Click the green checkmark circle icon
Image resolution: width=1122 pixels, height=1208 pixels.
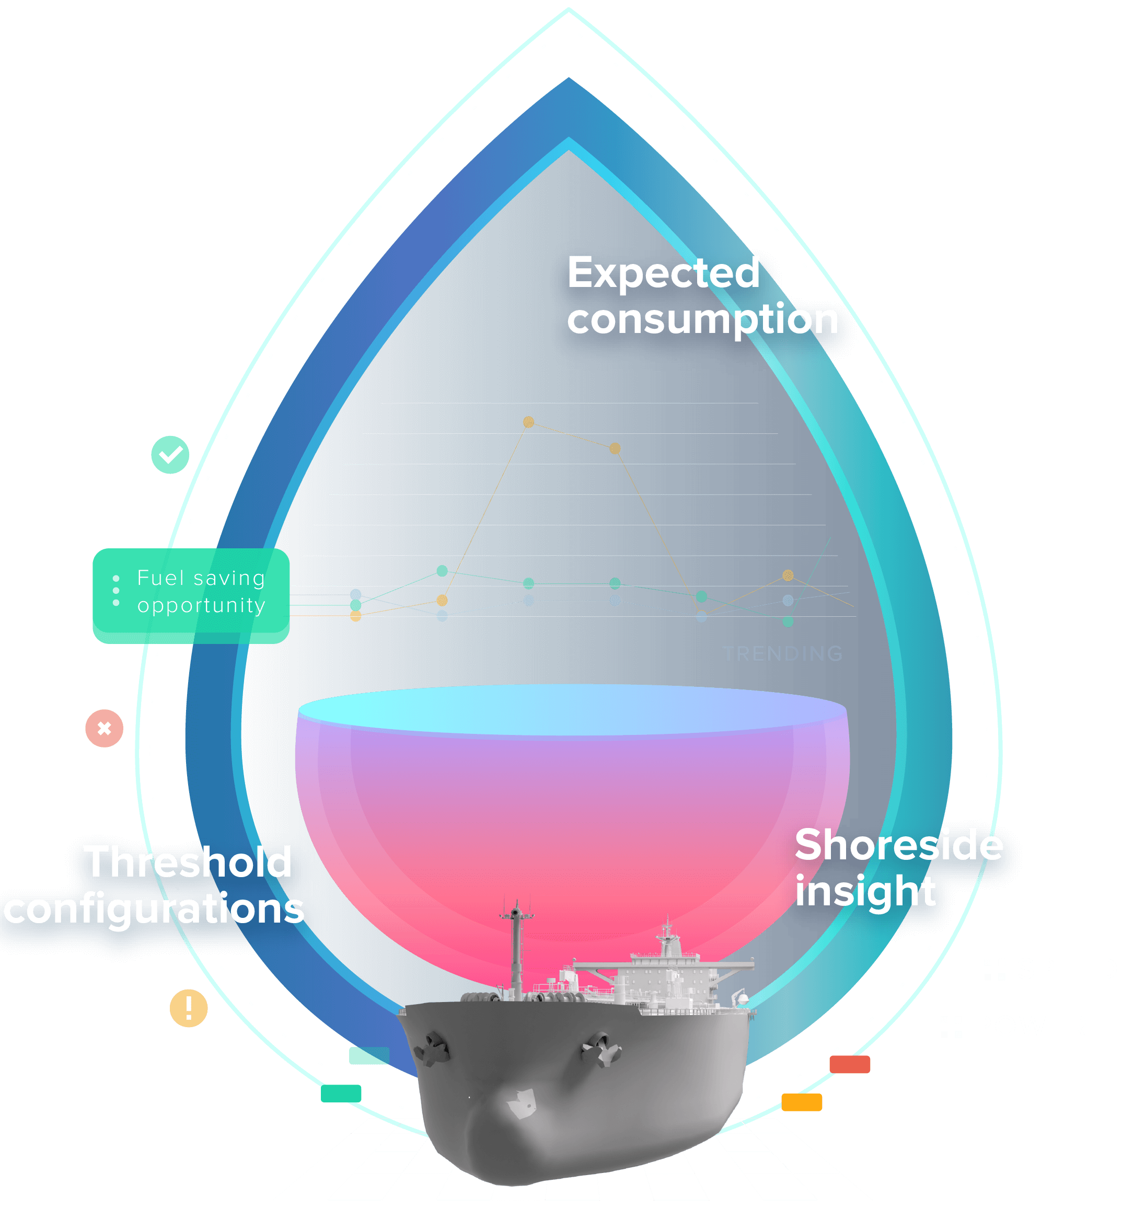click(x=170, y=454)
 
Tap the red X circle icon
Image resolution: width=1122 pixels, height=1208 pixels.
click(x=105, y=728)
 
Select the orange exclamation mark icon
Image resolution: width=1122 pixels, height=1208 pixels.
click(x=189, y=1008)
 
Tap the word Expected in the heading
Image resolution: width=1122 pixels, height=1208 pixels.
click(x=663, y=273)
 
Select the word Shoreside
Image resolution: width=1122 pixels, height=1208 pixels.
click(x=898, y=845)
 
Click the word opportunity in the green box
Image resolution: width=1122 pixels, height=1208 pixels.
click(x=201, y=605)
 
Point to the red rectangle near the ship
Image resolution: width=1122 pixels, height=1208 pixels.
click(x=849, y=1064)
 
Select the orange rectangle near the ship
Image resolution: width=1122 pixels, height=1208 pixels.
click(x=802, y=1102)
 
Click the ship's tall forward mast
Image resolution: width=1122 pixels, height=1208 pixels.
click(x=516, y=948)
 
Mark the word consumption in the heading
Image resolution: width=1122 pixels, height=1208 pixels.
click(x=702, y=319)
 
